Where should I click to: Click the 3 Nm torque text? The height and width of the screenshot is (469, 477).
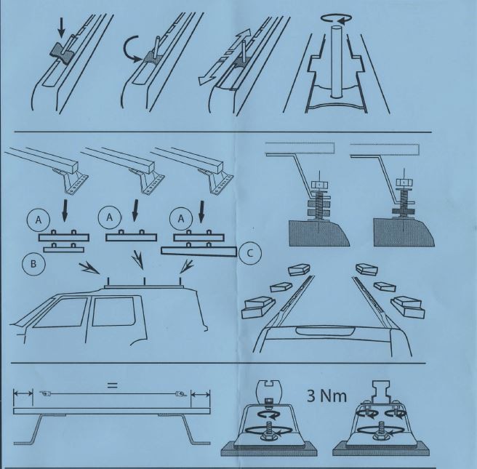pyautogui.click(x=326, y=396)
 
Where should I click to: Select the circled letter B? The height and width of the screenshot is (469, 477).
pyautogui.click(x=33, y=263)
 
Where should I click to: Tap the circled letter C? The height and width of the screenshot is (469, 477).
pyautogui.click(x=250, y=253)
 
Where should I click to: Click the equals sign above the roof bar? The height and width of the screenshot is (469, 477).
pyautogui.click(x=112, y=385)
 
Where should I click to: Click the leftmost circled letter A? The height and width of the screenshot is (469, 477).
pyautogui.click(x=39, y=220)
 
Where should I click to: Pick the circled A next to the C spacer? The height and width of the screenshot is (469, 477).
pyautogui.click(x=181, y=218)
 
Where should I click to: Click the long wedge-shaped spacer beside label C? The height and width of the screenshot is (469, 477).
pyautogui.click(x=199, y=252)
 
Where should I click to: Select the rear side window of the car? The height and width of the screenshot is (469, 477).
pyautogui.click(x=113, y=311)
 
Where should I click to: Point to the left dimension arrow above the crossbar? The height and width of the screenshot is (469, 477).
pyautogui.click(x=23, y=393)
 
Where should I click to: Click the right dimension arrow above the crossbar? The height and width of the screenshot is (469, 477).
pyautogui.click(x=200, y=395)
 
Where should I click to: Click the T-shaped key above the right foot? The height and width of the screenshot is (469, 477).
pyautogui.click(x=382, y=392)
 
